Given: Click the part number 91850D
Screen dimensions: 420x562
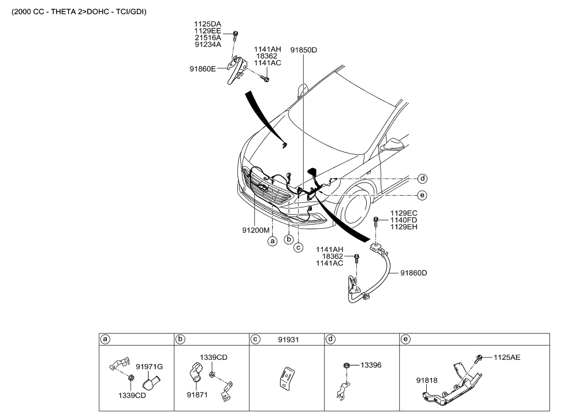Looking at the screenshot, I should (303, 50).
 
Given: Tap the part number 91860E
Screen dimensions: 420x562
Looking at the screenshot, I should (203, 68).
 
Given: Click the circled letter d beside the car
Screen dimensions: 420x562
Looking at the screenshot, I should (423, 179).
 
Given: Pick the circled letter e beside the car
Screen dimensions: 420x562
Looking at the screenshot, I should (423, 196).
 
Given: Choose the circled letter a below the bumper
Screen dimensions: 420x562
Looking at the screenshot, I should (272, 242).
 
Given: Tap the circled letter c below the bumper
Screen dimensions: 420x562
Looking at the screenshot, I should (299, 247).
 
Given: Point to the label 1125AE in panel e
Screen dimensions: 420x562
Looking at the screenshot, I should (507, 358).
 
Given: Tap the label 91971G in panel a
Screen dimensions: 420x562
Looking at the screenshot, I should (150, 366).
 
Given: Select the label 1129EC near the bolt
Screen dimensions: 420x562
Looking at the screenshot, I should (404, 213).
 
